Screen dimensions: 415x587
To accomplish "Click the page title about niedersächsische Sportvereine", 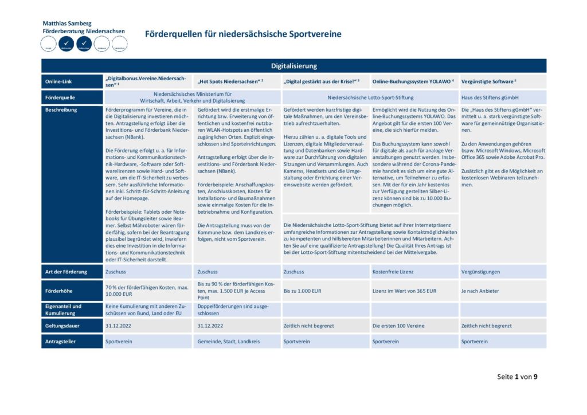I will [x=243, y=34].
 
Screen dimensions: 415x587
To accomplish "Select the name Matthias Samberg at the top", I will [x=66, y=24].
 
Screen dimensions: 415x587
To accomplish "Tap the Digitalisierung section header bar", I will [x=293, y=66].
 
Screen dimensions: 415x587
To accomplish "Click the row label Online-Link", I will [x=59, y=82].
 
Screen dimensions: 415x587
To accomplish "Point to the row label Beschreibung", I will [x=62, y=109].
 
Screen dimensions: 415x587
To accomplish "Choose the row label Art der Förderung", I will [x=66, y=272].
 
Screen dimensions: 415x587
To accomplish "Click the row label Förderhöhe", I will [x=58, y=291].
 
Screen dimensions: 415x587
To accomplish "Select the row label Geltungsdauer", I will [x=62, y=326].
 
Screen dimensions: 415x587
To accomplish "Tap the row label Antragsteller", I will [x=61, y=342].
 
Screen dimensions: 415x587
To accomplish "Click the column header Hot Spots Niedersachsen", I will [x=230, y=81].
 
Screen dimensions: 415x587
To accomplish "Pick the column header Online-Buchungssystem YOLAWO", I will [x=413, y=81].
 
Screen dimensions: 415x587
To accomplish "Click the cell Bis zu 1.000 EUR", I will [x=303, y=291].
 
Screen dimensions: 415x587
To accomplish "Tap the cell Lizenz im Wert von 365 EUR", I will [x=404, y=291].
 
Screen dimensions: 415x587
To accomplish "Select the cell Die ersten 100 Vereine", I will [x=399, y=326].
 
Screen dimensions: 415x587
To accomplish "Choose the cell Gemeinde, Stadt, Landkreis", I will [x=228, y=342].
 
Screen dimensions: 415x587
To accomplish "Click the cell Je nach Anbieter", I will [x=481, y=291].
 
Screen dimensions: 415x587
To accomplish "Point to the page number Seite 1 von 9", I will [x=517, y=377].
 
